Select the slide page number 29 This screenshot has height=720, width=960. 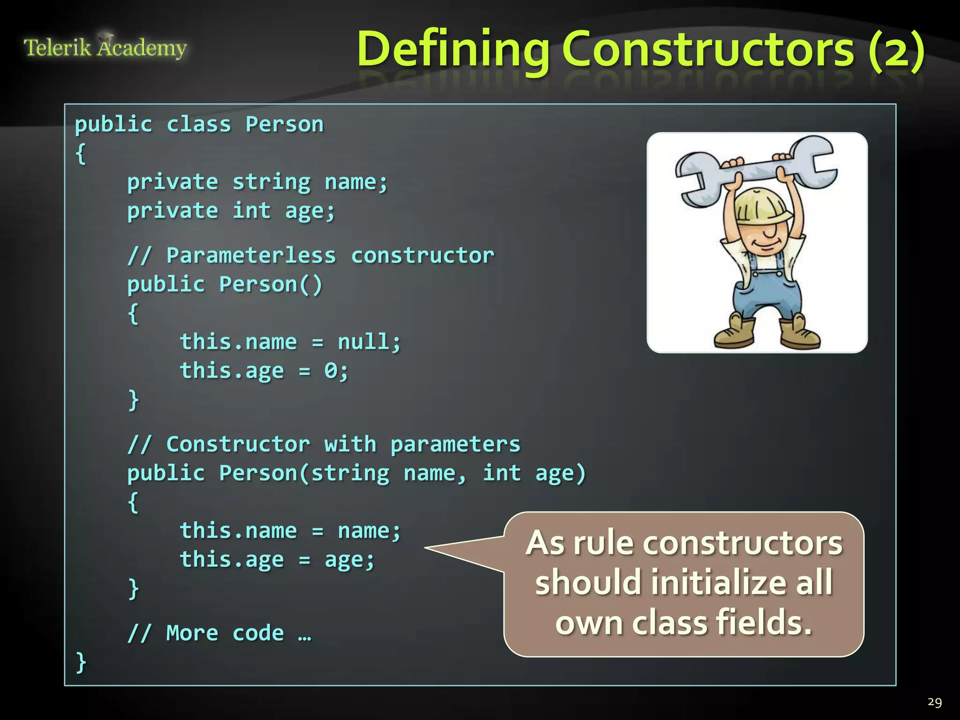[x=934, y=702]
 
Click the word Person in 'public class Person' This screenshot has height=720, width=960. [x=285, y=125]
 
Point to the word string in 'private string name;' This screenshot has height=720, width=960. [x=271, y=182]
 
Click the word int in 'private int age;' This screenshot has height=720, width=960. [x=252, y=211]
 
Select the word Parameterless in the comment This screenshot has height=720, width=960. [x=251, y=256]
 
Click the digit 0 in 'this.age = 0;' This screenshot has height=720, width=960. [x=330, y=371]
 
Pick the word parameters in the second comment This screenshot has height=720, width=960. [x=455, y=444]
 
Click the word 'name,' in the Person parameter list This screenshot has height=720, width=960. [x=435, y=473]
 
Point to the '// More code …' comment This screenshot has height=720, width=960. [x=219, y=633]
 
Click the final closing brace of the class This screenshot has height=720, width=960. [x=81, y=662]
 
